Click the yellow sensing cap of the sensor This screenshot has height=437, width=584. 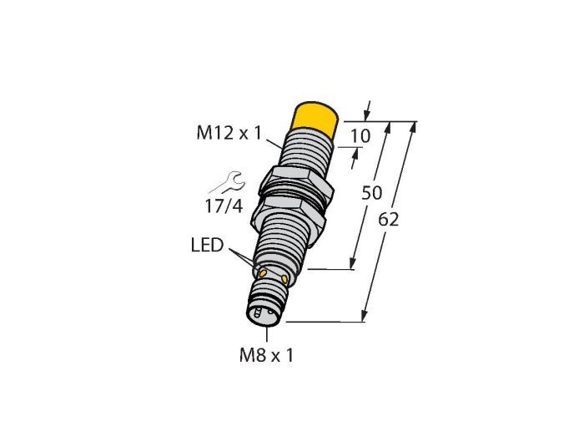pyautogui.click(x=315, y=119)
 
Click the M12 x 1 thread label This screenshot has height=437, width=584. pyautogui.click(x=229, y=133)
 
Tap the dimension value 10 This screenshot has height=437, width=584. pyautogui.click(x=360, y=136)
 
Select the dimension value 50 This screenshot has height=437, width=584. pyautogui.click(x=372, y=193)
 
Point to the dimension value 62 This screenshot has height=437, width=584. pyautogui.click(x=388, y=220)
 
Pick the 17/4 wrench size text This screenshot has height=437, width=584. pyautogui.click(x=224, y=206)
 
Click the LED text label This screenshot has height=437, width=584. pyautogui.click(x=207, y=246)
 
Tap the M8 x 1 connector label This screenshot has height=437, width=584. pyautogui.click(x=266, y=355)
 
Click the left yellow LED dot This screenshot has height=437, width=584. pyautogui.click(x=263, y=273)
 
